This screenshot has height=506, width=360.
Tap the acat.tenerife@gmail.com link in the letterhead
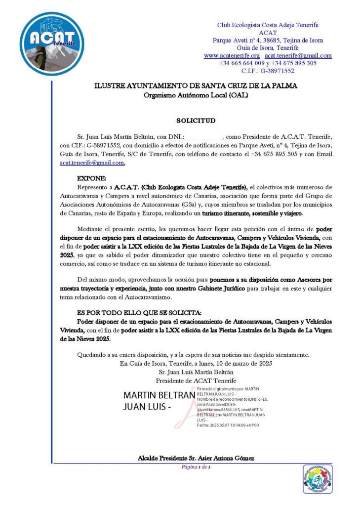[298, 56]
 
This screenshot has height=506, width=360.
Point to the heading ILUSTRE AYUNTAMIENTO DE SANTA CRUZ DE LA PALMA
[196, 86]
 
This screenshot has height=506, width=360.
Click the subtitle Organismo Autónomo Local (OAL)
[196, 94]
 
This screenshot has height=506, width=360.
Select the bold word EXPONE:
[92, 178]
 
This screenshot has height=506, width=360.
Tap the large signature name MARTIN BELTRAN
[159, 396]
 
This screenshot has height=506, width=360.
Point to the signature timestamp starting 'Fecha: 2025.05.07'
[228, 425]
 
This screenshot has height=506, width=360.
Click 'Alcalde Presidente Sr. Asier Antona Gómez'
[196, 458]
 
